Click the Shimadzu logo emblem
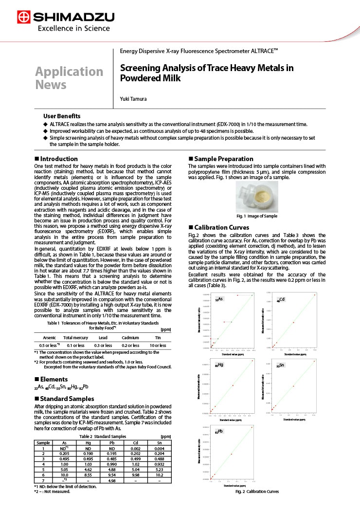(23, 18)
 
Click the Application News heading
(69, 78)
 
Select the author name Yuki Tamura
(134, 99)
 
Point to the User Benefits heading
(62, 116)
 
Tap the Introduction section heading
(58, 159)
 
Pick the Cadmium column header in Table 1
(130, 337)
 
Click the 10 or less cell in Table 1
(158, 345)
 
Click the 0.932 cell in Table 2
(159, 464)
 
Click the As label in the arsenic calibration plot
(220, 299)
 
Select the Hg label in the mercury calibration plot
(219, 365)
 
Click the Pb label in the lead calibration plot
(219, 431)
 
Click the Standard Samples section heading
(67, 399)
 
